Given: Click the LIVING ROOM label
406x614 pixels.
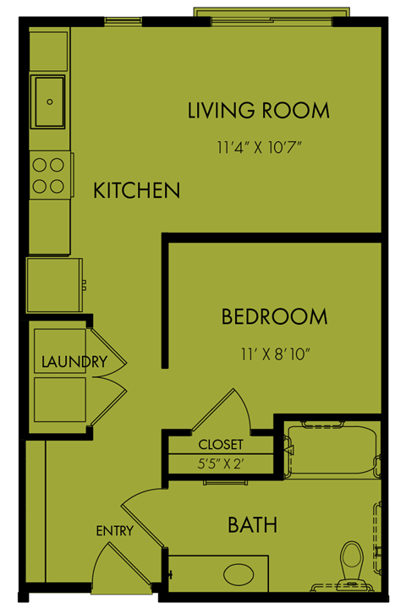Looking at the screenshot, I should pos(258,110).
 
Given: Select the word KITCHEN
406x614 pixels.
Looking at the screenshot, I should pos(136,190).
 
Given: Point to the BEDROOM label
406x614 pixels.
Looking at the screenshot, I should pos(274,317).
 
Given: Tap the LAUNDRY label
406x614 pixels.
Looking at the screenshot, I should pos(74,362).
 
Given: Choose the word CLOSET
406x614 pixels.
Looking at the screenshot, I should pos(221,444).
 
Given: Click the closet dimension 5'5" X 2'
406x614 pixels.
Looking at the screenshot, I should pos(221,463).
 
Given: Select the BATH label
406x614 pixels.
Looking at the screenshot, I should pos(253,525).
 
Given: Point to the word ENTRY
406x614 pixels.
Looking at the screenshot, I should pos(113,531).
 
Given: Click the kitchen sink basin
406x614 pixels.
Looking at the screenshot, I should pos(50,101).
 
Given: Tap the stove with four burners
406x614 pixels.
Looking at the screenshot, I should pos(50,175).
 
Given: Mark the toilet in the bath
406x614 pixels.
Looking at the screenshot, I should pos(351,562).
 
